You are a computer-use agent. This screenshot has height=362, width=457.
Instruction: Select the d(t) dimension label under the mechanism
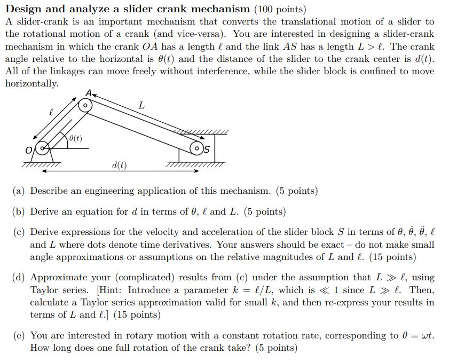tap(120, 166)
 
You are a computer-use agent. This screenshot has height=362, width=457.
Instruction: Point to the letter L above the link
tap(141, 106)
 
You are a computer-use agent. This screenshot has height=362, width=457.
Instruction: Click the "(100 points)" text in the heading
tap(280, 9)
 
